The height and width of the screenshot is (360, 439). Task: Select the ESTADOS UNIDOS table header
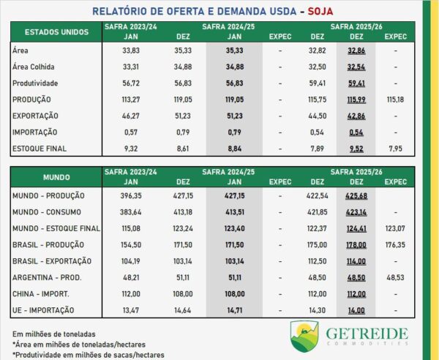click(x=56, y=32)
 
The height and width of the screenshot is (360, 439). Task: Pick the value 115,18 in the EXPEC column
click(x=396, y=99)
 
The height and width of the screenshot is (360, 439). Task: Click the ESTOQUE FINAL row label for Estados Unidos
click(x=41, y=149)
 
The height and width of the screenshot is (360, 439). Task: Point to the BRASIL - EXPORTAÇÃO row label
click(x=51, y=262)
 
